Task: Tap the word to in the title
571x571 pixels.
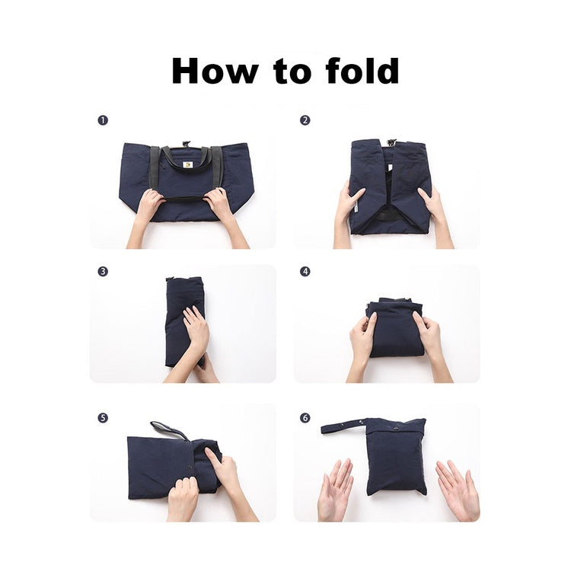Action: coord(292,72)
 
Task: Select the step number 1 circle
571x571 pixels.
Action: coord(103,120)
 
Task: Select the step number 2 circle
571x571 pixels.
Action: coord(305,120)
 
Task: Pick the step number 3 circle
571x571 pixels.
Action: coord(103,271)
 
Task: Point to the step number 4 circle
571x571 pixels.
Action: coord(305,271)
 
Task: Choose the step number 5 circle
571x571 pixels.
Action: coord(103,418)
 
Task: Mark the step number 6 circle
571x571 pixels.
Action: coord(305,418)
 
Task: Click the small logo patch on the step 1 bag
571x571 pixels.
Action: coord(188,164)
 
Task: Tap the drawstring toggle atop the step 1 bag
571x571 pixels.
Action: coord(186,143)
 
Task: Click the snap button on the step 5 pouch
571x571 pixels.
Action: coord(191,467)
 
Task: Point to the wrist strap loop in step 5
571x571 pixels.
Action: coord(169,430)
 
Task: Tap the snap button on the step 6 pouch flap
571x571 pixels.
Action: coord(394,429)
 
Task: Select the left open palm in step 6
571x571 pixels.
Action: coord(334,488)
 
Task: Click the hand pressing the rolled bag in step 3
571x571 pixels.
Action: coord(196,328)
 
